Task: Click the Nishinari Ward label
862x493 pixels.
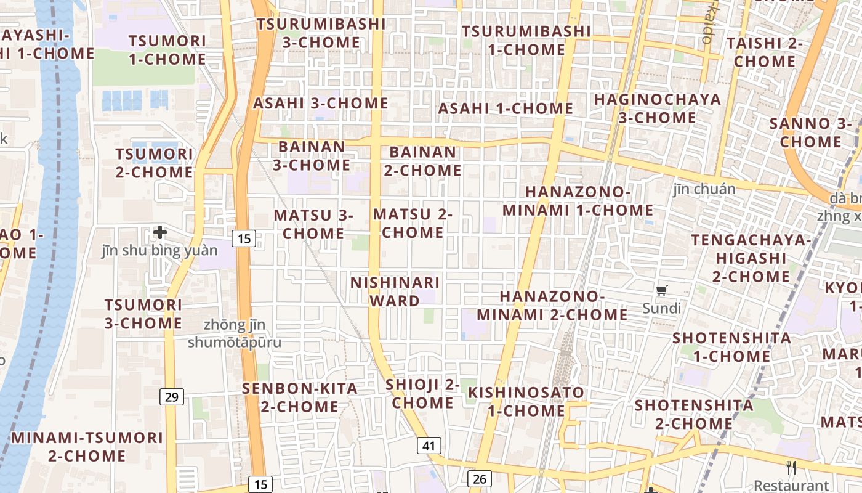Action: (395, 291)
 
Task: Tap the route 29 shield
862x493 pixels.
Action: (172, 397)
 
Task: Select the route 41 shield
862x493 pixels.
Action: (429, 446)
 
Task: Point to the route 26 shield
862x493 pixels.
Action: (480, 478)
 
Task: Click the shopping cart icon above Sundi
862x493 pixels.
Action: (662, 291)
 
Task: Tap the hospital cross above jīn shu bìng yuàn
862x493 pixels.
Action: (160, 232)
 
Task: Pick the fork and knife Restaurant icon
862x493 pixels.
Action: (791, 468)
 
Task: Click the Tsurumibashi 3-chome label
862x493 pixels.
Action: (321, 33)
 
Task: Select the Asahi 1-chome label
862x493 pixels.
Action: (506, 108)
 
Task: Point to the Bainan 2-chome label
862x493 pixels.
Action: (423, 161)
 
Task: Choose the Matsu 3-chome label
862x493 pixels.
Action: (313, 224)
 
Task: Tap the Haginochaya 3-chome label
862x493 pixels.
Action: (656, 108)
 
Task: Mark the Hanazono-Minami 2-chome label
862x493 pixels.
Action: (552, 306)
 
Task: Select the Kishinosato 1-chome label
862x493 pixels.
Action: (526, 401)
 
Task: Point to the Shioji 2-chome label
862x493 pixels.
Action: (423, 394)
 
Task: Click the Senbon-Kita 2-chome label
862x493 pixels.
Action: (300, 397)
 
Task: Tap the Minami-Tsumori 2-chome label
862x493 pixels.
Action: (87, 447)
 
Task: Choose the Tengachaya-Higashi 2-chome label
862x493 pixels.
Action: (751, 258)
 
